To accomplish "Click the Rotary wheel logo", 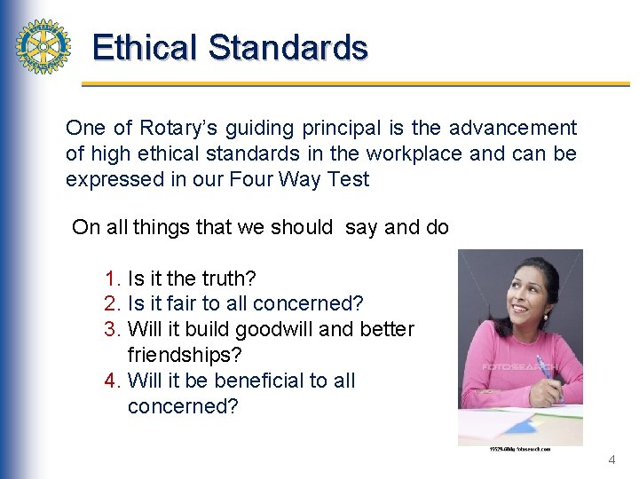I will [x=43, y=46].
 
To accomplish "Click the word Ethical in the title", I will [x=146, y=47].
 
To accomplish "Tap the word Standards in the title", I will [x=288, y=47].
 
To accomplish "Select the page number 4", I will [x=611, y=460].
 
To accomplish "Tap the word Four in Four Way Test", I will [x=249, y=179].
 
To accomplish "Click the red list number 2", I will [x=111, y=304].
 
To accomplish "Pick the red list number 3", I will [x=111, y=329].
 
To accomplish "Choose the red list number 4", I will [x=111, y=381].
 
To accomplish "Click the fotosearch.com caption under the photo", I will [x=520, y=449].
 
